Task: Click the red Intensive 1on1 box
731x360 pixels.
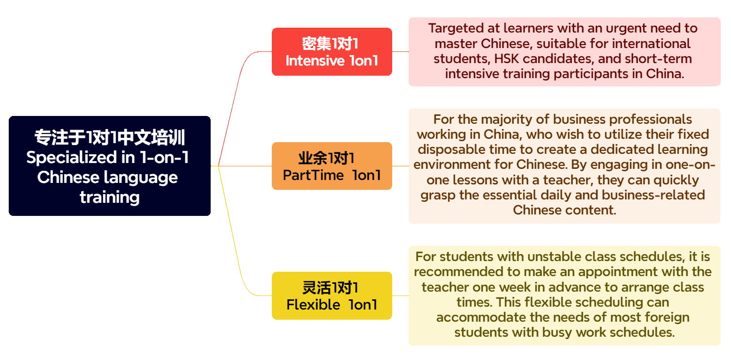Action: [x=332, y=51]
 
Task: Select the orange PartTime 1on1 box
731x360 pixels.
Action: [x=332, y=166]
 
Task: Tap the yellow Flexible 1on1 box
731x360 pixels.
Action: [x=332, y=295]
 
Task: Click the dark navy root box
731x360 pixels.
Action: [x=110, y=166]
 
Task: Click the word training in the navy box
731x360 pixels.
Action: [x=110, y=197]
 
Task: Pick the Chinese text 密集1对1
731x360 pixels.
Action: [x=330, y=44]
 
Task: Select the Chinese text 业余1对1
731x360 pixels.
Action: [x=326, y=158]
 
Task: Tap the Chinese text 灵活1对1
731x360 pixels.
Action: [x=330, y=288]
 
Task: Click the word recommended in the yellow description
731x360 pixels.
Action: [x=457, y=271]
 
